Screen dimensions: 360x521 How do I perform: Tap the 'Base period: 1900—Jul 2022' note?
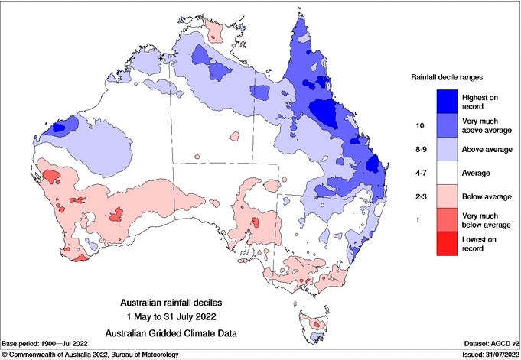46,343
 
